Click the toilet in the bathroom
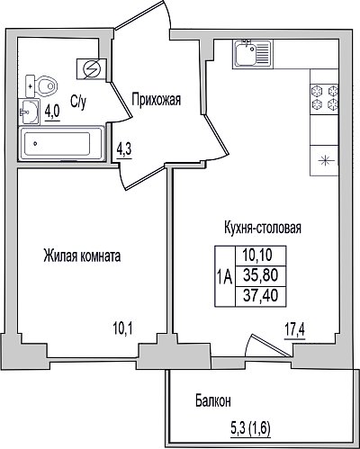(41, 86)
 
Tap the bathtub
(61, 143)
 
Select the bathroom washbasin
(29, 112)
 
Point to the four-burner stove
(325, 97)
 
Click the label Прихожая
(157, 100)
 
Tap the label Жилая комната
(82, 256)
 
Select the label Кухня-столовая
(263, 228)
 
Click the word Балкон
(213, 400)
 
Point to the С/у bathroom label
(78, 102)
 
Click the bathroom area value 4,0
(52, 112)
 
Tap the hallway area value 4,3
(124, 149)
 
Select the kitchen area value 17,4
(294, 331)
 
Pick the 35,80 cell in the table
(261, 275)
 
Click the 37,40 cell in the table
(261, 296)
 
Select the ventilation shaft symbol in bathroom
(92, 69)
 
